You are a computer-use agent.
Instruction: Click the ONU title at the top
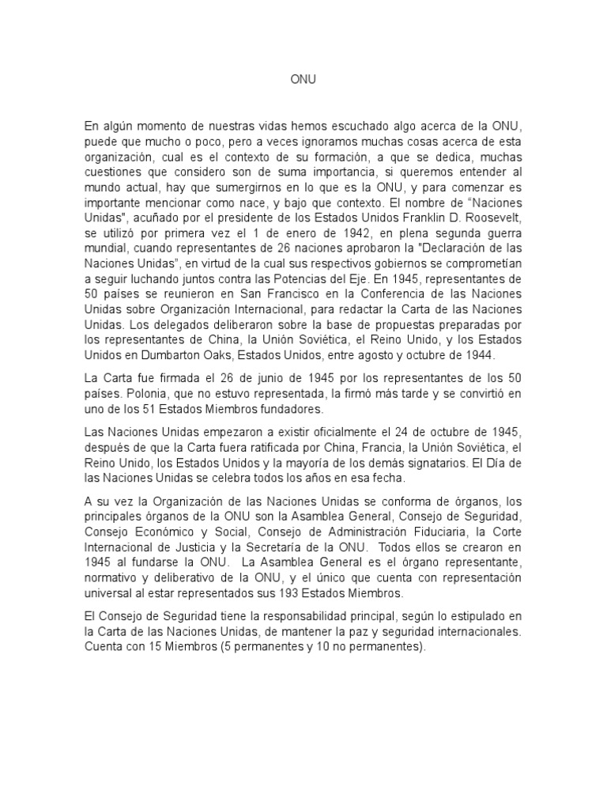pyautogui.click(x=303, y=80)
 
